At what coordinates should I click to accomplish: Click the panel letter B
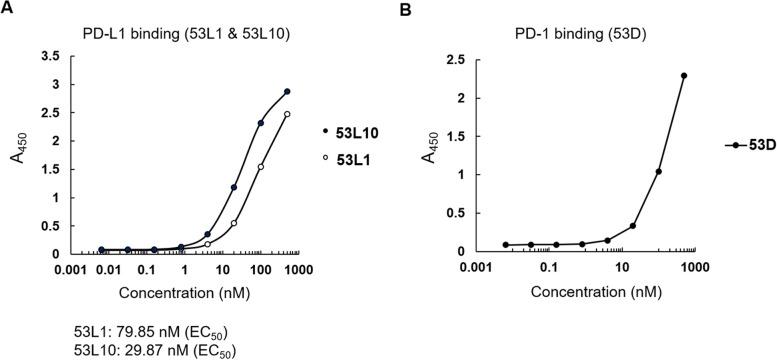click(404, 9)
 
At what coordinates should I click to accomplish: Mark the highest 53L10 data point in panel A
click(287, 92)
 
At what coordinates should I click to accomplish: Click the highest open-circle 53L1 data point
click(287, 114)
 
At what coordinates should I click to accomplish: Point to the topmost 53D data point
click(684, 76)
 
